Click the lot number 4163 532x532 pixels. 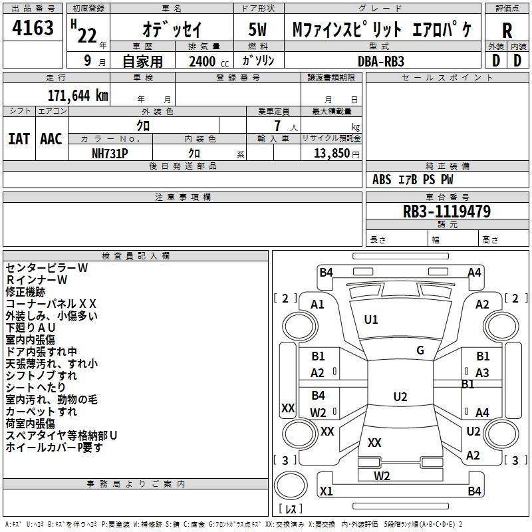[x=33, y=28]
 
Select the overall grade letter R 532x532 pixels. [x=507, y=31]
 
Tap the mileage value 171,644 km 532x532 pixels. [x=78, y=96]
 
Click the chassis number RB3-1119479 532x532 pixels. [x=447, y=211]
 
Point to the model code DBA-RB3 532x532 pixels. [x=381, y=61]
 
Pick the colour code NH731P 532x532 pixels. [x=110, y=154]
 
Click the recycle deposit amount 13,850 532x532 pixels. [x=331, y=154]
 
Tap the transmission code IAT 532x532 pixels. [x=19, y=139]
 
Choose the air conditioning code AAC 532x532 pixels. [x=51, y=139]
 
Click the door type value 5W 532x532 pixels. [x=257, y=29]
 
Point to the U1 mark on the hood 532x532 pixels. [x=371, y=320]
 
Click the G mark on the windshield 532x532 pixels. [x=420, y=350]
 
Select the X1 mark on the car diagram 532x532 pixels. [x=327, y=491]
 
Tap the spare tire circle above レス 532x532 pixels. [x=291, y=485]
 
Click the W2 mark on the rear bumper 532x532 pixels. [x=382, y=476]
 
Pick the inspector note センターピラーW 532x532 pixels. [x=47, y=268]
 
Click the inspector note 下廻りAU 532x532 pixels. [x=31, y=328]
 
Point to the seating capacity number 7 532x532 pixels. [x=277, y=126]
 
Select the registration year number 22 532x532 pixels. [x=87, y=35]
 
